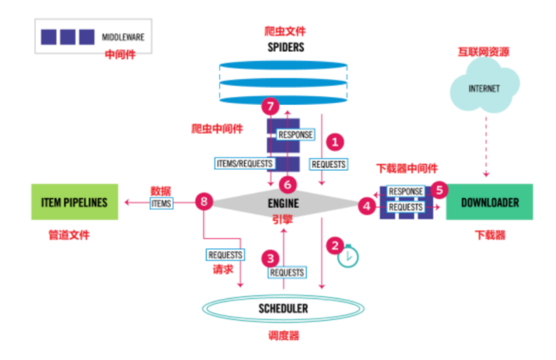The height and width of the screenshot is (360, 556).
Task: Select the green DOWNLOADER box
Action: (489, 202)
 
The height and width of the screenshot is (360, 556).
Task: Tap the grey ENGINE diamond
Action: (283, 204)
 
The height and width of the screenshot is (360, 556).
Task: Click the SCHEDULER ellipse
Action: (283, 309)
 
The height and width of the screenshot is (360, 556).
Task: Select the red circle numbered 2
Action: (334, 246)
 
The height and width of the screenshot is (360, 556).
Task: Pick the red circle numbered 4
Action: (367, 207)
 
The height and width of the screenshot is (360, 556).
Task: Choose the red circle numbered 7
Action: (269, 107)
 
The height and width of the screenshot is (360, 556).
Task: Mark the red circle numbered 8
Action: (205, 203)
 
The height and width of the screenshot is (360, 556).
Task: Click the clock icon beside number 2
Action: (348, 257)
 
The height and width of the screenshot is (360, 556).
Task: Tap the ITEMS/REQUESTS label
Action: (244, 163)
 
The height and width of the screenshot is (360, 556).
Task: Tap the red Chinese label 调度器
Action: (284, 335)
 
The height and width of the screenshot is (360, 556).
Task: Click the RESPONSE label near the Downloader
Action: (406, 192)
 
